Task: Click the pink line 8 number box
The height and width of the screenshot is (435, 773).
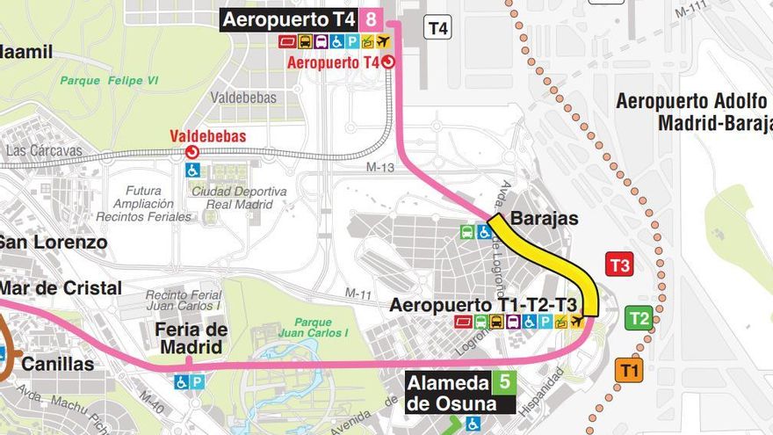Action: coord(372,18)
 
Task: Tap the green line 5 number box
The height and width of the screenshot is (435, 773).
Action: coord(503,382)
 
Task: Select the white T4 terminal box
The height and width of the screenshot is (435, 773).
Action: coord(437,28)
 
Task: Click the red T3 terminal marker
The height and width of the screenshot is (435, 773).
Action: coord(620,265)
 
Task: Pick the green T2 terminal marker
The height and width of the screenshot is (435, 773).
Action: coord(639,318)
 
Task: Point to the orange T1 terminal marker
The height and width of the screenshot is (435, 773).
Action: coord(629,370)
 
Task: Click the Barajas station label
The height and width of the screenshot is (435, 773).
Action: coord(544,218)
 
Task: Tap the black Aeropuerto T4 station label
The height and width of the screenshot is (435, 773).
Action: coord(289,18)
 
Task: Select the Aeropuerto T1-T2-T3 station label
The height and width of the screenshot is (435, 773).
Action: coord(484,305)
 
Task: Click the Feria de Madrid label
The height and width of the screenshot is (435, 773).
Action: coord(192,338)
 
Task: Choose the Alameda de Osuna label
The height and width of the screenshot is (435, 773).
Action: coord(448,394)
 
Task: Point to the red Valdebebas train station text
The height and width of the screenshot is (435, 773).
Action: coord(207,136)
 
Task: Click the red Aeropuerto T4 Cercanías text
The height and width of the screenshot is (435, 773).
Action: coord(333,62)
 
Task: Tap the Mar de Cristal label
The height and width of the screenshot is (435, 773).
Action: coord(60,288)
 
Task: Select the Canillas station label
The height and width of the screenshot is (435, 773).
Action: coord(57,363)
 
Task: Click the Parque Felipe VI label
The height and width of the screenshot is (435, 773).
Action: coord(109,81)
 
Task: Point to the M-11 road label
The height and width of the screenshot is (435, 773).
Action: coord(358,293)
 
